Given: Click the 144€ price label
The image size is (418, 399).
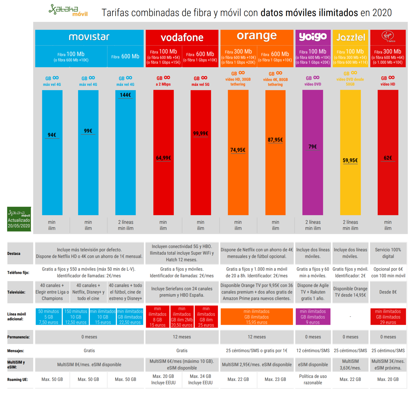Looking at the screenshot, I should (x=125, y=95).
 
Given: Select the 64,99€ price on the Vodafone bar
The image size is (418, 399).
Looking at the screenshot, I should (x=163, y=158).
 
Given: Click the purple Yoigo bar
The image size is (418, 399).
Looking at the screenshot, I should (x=313, y=183).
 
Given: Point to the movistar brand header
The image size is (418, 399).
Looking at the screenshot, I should (x=89, y=37).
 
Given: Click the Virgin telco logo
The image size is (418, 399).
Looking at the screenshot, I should (x=388, y=37).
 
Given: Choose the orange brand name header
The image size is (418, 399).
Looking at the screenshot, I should (x=257, y=36).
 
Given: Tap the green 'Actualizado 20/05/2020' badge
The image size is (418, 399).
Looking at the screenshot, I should (x=19, y=219).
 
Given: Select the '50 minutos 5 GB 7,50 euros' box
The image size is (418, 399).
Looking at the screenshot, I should (x=49, y=317).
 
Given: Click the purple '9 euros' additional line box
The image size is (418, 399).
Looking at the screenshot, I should (x=313, y=317).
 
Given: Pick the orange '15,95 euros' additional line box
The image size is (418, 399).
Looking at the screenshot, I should (x=257, y=317).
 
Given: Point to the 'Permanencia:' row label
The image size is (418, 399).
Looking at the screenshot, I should (x=18, y=337).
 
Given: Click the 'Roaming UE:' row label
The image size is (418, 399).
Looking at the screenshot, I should (x=17, y=379).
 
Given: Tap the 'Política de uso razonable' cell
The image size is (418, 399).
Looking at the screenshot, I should (x=313, y=379).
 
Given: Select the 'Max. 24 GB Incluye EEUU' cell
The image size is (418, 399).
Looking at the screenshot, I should (x=200, y=379).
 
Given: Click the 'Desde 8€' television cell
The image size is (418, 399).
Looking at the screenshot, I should (x=388, y=292).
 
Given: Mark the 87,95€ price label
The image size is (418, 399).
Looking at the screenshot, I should (x=275, y=140).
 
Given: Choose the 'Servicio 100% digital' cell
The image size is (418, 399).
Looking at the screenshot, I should (x=388, y=253).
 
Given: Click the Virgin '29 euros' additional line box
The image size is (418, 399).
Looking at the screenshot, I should (x=388, y=317).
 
